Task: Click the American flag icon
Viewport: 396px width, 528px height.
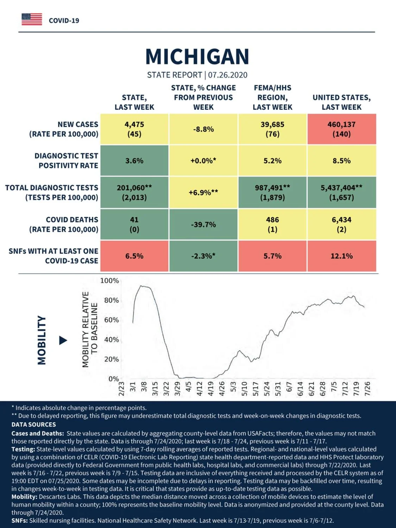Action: pyautogui.click(x=32, y=19)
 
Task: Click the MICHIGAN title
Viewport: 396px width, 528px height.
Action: pyautogui.click(x=197, y=57)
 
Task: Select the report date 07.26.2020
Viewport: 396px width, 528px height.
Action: pyautogui.click(x=228, y=75)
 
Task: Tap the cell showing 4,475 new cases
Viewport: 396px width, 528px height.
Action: pyautogui.click(x=134, y=129)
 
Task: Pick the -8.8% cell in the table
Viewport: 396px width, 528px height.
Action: pyautogui.click(x=203, y=129)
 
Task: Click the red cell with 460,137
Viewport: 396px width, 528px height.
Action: pyautogui.click(x=342, y=129)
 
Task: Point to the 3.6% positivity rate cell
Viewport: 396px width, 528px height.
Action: pyautogui.click(x=134, y=161)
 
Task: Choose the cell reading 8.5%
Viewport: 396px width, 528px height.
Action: pyautogui.click(x=342, y=161)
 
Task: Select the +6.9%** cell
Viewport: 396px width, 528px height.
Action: pyautogui.click(x=203, y=193)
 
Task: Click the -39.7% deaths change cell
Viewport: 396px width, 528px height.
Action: pyautogui.click(x=203, y=225)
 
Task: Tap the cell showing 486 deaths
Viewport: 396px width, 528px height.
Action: pyautogui.click(x=272, y=225)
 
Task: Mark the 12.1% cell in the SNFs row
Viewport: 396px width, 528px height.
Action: pyautogui.click(x=342, y=256)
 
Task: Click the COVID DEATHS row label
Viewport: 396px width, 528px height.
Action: pyautogui.click(x=64, y=225)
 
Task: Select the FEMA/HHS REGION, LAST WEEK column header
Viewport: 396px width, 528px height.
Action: pyautogui.click(x=272, y=98)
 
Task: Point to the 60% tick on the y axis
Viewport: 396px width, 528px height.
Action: pyautogui.click(x=112, y=320)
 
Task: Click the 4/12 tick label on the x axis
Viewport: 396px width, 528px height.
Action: pyautogui.click(x=199, y=389)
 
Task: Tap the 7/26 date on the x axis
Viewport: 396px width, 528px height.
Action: pyautogui.click(x=367, y=389)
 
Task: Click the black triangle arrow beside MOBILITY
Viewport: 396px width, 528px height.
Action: pyautogui.click(x=63, y=340)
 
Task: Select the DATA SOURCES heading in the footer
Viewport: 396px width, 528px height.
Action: pyautogui.click(x=34, y=424)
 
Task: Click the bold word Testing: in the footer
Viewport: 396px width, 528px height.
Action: pyautogui.click(x=23, y=449)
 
